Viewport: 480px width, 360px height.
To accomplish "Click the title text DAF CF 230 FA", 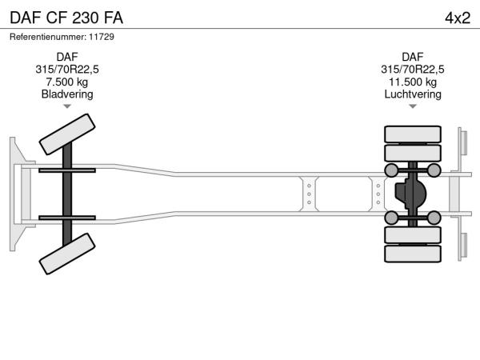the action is point(66,18).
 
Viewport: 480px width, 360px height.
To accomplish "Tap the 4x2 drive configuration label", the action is point(458,18).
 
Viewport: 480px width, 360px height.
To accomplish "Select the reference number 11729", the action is point(102,37).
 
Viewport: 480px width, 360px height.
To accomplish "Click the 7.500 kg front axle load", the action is point(67,82).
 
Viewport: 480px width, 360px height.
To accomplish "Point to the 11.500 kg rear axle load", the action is point(413,82).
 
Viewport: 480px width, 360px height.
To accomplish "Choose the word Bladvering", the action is point(67,94).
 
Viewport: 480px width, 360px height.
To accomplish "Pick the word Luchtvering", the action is point(413,94).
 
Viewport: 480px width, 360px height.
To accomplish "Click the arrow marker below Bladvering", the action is point(67,106).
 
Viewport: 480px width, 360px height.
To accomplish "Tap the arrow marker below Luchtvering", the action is point(413,106).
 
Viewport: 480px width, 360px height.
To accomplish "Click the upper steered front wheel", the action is point(67,134).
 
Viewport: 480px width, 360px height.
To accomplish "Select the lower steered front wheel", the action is point(67,254).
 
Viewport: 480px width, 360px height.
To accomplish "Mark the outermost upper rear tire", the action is point(413,134).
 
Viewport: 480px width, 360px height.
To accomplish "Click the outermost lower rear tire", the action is point(413,254).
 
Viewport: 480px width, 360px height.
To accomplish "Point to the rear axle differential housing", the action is point(410,194).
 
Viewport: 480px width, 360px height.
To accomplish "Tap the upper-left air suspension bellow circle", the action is point(391,170).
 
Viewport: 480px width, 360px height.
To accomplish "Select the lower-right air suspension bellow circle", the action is point(434,218).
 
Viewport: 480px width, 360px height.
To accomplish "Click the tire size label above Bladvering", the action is point(67,70).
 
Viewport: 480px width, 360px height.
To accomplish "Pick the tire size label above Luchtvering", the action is point(413,70).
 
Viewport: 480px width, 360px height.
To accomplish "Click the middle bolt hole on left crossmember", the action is point(309,194).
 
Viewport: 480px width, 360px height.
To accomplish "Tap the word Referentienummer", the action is point(48,37).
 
